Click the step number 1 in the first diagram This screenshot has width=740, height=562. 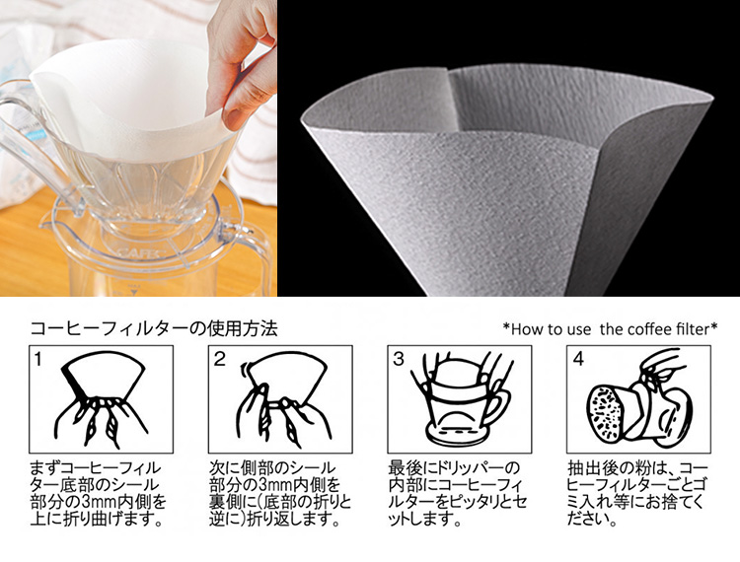click(x=38, y=360)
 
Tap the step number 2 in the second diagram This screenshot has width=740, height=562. click(x=219, y=360)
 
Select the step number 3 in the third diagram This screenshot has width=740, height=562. click(x=399, y=360)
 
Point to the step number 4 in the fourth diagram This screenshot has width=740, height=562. click(x=578, y=360)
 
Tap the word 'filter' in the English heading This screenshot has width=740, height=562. click(x=694, y=328)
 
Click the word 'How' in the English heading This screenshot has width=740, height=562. click(x=525, y=328)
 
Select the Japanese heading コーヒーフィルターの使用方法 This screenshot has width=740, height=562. click(x=154, y=328)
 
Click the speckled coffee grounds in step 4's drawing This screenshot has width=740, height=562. click(x=606, y=412)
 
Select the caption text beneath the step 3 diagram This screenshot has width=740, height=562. click(x=457, y=493)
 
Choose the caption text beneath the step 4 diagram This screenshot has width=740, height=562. click(x=637, y=493)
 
